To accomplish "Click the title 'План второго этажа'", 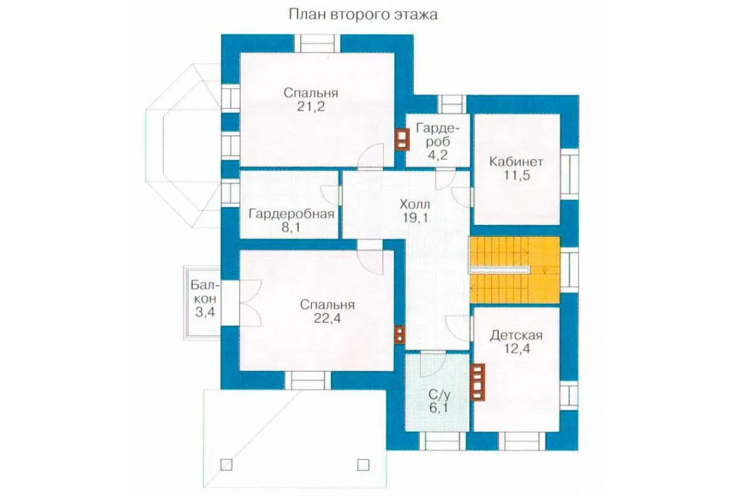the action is tap(363, 15).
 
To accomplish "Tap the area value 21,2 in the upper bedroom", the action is tap(311, 107).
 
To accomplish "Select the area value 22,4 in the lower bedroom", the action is tap(327, 319).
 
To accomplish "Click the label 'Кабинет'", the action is tap(516, 162).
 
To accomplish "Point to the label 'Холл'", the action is tap(415, 204).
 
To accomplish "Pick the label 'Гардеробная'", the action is tap(292, 214).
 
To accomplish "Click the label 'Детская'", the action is tap(516, 335).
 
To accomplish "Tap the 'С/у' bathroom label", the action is tap(439, 395).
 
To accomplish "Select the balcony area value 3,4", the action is tap(204, 312).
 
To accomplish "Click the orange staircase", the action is tap(514, 270).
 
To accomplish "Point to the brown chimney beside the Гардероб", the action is tap(402, 139).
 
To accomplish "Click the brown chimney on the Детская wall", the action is tap(477, 382).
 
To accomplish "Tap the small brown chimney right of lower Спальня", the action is tap(400, 334).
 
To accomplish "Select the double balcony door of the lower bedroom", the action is tap(250, 303).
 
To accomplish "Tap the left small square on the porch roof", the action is tap(227, 464).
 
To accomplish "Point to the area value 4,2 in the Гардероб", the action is tap(437, 155).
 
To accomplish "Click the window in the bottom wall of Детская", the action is tap(522, 441).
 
